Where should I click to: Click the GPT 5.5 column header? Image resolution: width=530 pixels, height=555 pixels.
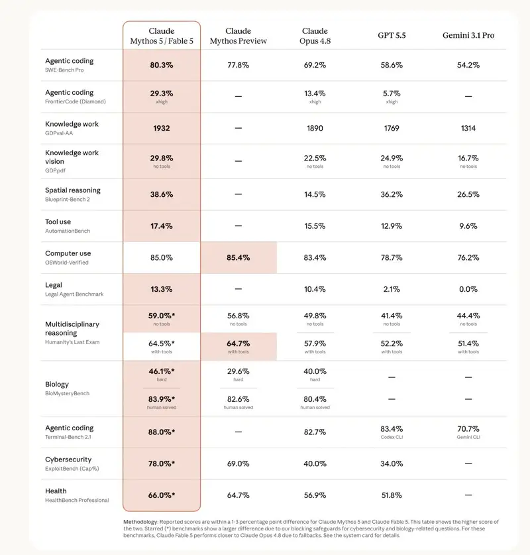(x=392, y=35)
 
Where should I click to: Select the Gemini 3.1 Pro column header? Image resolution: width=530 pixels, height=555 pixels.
(x=468, y=35)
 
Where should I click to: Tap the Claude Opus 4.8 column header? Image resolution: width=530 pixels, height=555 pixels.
(x=315, y=36)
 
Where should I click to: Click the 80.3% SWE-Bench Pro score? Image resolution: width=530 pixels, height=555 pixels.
(x=162, y=65)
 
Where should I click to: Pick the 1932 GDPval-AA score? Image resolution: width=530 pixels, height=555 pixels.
(x=162, y=128)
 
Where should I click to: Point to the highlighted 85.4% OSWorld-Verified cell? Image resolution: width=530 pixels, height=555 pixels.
(x=238, y=258)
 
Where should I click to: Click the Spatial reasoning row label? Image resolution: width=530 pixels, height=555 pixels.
(x=72, y=190)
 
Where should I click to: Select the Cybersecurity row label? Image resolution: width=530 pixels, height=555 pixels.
(x=68, y=460)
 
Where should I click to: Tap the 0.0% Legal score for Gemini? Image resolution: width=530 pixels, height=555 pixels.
(x=468, y=289)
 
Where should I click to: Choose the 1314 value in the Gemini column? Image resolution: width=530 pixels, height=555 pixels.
(x=468, y=128)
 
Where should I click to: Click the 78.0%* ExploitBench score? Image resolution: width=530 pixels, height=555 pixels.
(x=162, y=463)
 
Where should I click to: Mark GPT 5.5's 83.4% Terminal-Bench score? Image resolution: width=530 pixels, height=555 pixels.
(x=392, y=429)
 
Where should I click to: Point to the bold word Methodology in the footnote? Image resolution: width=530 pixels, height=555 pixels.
(x=140, y=522)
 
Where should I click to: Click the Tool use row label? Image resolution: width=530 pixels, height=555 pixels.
(x=58, y=222)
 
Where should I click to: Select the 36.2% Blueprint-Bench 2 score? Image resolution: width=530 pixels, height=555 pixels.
(x=392, y=194)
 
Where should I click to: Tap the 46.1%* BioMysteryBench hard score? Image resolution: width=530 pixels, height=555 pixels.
(x=162, y=371)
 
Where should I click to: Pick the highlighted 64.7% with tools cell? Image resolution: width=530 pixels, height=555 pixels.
(x=238, y=347)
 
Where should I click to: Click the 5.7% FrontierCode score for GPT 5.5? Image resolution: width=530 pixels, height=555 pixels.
(x=392, y=93)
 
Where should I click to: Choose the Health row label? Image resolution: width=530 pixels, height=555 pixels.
(x=56, y=491)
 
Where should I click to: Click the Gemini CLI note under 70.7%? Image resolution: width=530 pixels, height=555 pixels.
(x=468, y=437)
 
